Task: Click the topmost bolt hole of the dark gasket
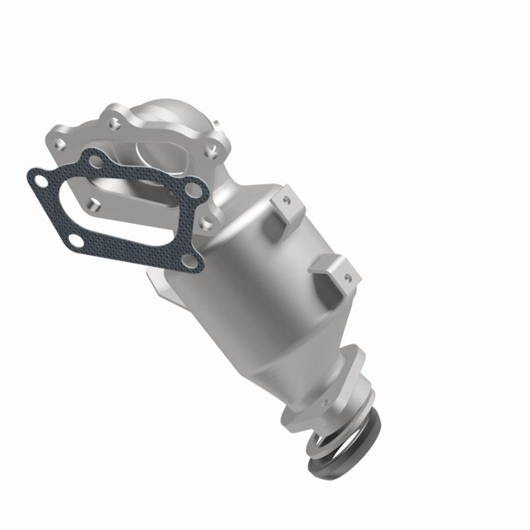[x=95, y=157]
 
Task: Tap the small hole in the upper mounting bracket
[x=287, y=200]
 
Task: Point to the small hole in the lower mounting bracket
[x=347, y=276]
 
